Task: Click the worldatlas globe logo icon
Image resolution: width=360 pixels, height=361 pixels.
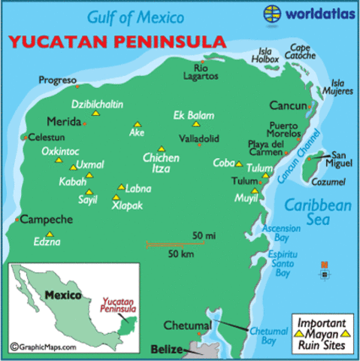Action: coord(272,14)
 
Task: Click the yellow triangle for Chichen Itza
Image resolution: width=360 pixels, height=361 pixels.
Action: coord(161,148)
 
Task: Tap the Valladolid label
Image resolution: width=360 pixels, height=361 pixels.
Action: coord(199,138)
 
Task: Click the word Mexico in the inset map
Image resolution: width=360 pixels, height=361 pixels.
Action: coord(62,296)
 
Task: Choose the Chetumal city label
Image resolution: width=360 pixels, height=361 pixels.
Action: coord(187,326)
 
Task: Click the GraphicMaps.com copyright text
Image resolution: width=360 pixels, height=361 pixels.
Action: coord(44,347)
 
